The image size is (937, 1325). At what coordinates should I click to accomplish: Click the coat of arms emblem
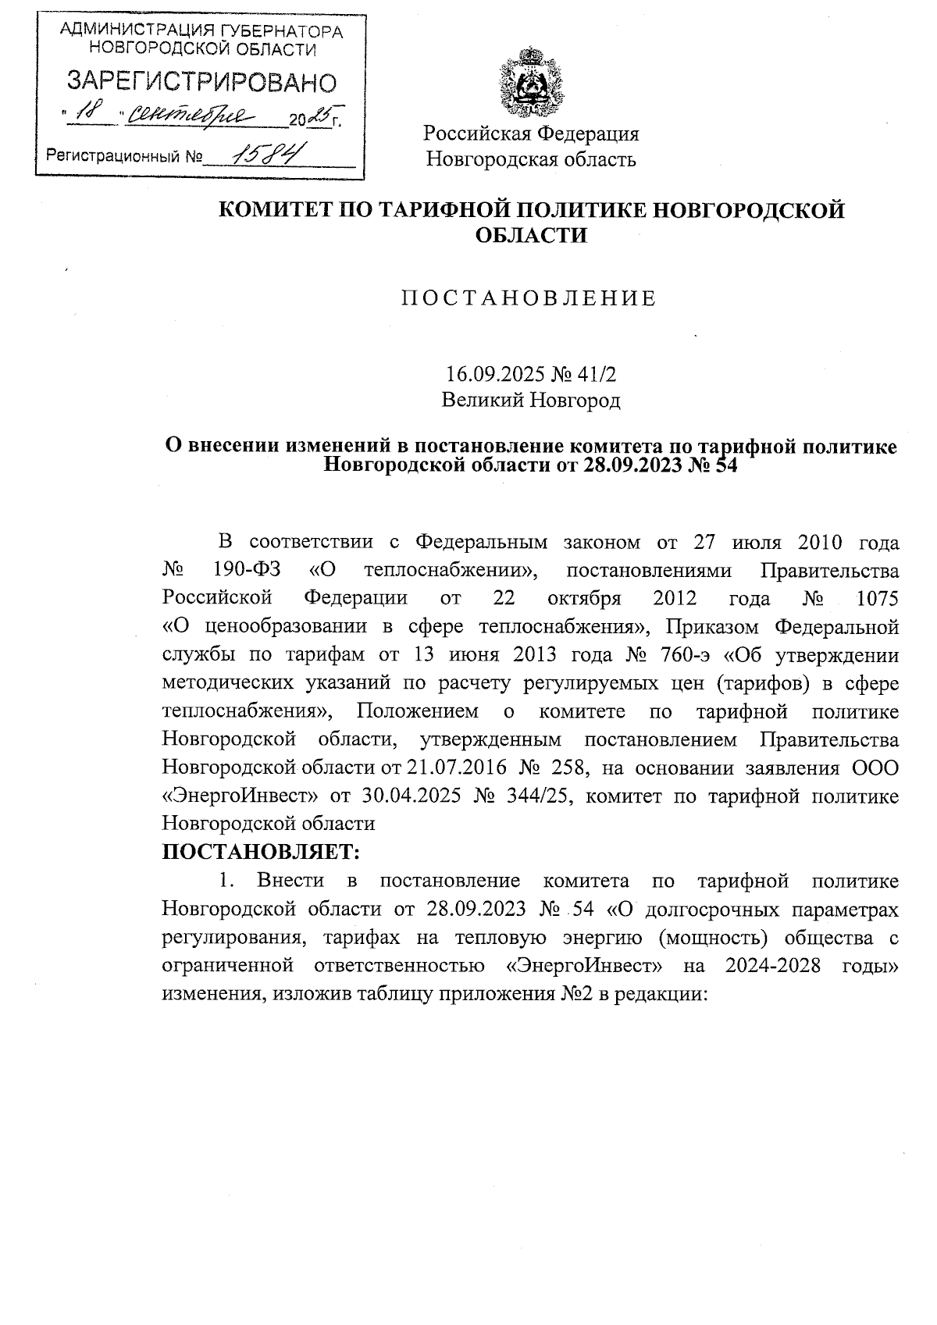531,80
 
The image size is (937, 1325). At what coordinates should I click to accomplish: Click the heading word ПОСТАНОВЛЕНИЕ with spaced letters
529,299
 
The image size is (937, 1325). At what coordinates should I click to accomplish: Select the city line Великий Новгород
531,401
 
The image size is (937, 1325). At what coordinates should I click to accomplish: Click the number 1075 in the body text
877,598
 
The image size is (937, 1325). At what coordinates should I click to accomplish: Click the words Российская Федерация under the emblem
531,134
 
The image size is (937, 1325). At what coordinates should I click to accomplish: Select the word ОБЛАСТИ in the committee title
531,235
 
